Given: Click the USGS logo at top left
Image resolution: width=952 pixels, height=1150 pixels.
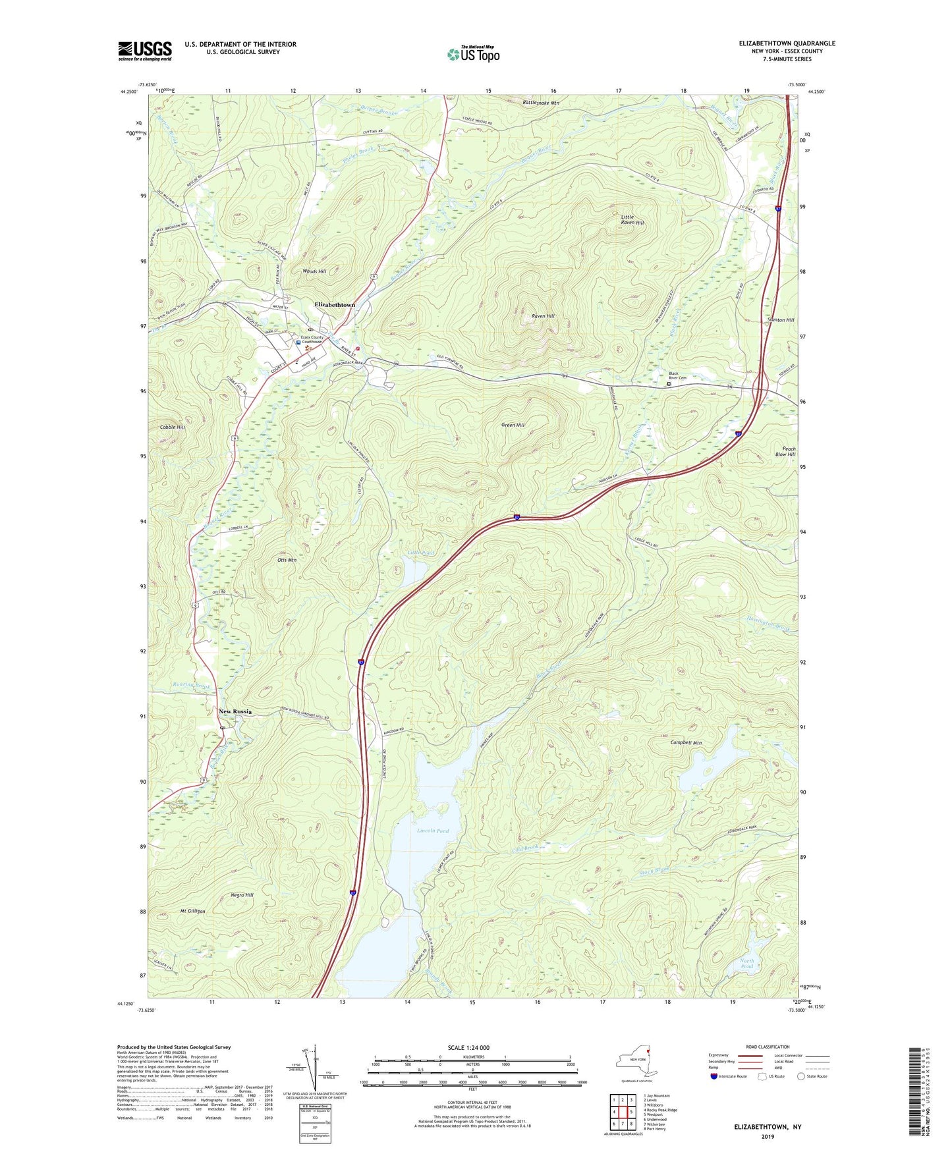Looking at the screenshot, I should [145, 51].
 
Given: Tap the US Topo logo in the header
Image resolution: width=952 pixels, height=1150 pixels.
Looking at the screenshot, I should [472, 54].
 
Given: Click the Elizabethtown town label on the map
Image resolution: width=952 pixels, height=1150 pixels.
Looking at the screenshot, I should [335, 305].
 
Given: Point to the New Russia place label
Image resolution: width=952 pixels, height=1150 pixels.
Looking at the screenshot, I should [235, 711].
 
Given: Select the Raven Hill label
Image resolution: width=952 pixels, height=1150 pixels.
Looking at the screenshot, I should [543, 316].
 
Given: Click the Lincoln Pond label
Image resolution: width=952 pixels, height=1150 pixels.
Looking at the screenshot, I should [433, 831].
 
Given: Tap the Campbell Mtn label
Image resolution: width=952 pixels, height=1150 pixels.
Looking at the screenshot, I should [686, 743].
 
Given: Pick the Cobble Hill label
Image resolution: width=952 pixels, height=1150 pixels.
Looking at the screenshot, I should [172, 427].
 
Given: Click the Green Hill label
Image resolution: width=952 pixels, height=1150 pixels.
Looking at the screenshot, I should [513, 425].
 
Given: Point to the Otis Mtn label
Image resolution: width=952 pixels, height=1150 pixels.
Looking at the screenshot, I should [284, 560].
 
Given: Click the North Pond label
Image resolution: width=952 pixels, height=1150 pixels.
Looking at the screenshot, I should [746, 964].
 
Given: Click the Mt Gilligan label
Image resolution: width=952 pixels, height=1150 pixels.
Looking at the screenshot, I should [193, 912].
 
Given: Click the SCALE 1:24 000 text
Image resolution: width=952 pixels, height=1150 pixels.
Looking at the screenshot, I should [468, 1048].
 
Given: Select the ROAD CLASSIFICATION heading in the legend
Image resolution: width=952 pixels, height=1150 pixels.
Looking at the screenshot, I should [768, 1047].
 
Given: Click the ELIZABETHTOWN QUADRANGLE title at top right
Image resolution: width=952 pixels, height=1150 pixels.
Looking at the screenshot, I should [777, 43].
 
